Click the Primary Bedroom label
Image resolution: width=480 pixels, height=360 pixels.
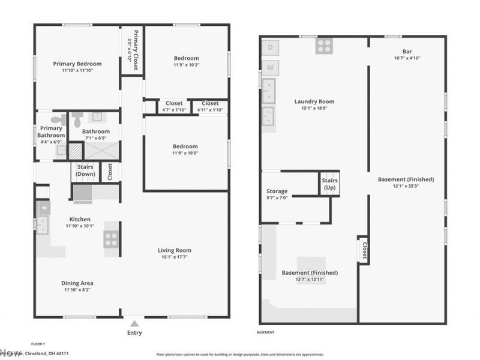[x=77, y=64]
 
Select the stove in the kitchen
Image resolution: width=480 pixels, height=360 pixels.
[x=111, y=239]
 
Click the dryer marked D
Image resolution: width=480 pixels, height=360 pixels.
[x=270, y=47]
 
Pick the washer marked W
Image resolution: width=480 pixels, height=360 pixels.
[x=270, y=67]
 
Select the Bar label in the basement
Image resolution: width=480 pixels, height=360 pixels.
[x=407, y=51]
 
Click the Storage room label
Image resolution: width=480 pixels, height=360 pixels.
[x=277, y=191]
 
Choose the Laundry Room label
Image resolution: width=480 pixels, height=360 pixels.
[x=314, y=101]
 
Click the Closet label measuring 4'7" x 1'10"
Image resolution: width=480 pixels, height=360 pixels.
[x=174, y=103]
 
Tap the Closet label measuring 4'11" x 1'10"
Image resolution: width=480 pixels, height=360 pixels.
[x=210, y=103]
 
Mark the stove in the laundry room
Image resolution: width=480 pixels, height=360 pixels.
[x=325, y=46]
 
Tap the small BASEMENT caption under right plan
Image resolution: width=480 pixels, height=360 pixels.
[x=265, y=332]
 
